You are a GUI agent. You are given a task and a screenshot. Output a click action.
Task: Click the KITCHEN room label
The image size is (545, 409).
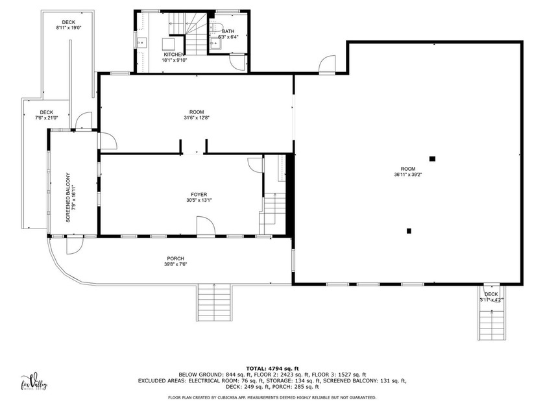[173, 54]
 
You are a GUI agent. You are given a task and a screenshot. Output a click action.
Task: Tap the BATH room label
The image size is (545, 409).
[228, 31]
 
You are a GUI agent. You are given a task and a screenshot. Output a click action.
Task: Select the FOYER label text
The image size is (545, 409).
[199, 194]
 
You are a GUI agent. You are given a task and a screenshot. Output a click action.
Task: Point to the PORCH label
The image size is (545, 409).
[175, 258]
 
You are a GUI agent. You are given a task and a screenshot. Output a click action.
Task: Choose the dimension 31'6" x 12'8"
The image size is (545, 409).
[196, 118]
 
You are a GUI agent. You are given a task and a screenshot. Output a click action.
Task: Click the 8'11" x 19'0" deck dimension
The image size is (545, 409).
[68, 28]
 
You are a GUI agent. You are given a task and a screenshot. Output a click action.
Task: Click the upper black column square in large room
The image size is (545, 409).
[432, 158]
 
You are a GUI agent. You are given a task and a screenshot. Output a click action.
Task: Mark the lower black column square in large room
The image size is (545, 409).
[409, 230]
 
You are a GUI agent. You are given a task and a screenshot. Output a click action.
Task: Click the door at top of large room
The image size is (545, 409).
[326, 65]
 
